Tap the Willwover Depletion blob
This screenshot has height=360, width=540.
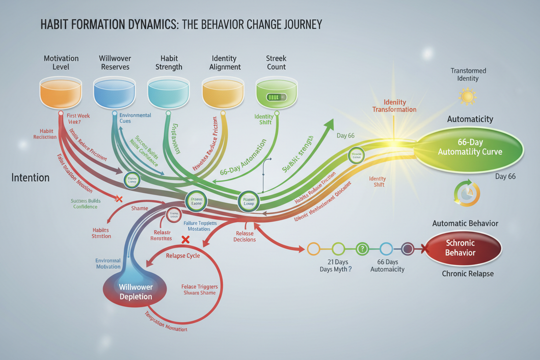[x=135, y=291]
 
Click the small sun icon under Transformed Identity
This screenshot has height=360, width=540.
[x=467, y=96]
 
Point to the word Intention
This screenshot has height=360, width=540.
[x=30, y=178]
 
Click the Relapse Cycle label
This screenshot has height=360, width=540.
[x=183, y=256]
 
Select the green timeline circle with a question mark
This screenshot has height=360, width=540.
[x=362, y=249]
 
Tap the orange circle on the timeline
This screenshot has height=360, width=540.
[x=313, y=249]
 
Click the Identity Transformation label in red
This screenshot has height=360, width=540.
[x=394, y=106]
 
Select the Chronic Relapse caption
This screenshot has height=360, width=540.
[x=468, y=274]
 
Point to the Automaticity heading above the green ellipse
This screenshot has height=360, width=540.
[x=470, y=119]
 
